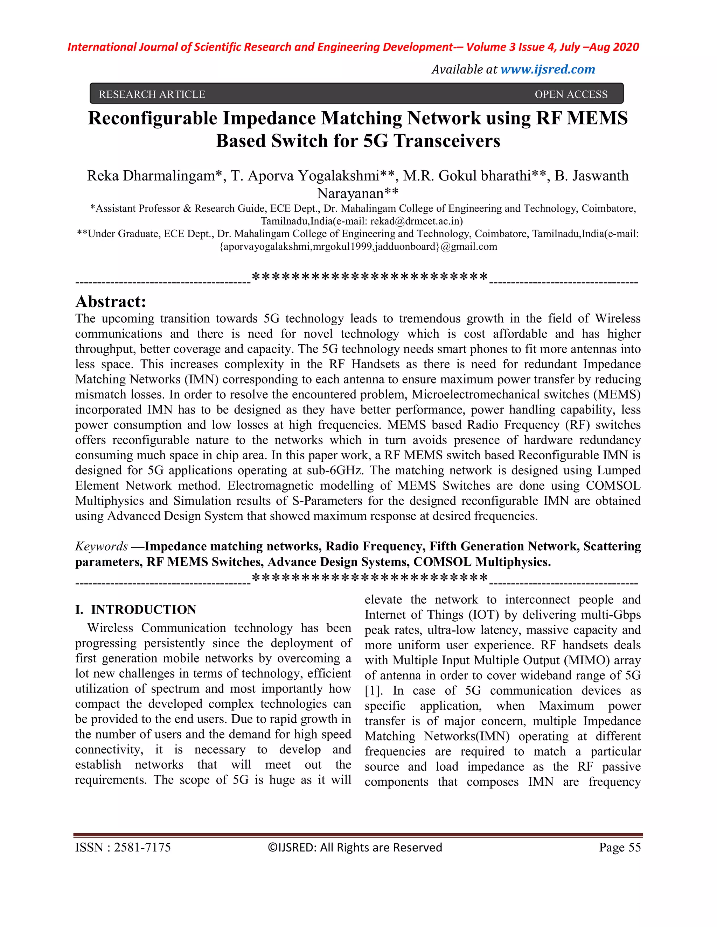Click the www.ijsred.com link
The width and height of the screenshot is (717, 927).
pyautogui.click(x=548, y=69)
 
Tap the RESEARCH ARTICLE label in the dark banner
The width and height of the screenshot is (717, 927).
pyautogui.click(x=152, y=94)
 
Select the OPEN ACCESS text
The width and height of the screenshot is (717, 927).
pyautogui.click(x=571, y=94)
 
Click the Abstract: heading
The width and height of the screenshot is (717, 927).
pyautogui.click(x=110, y=302)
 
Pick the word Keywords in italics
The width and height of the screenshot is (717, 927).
pyautogui.click(x=101, y=546)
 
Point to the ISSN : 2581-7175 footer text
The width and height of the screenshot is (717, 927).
pyautogui.click(x=123, y=847)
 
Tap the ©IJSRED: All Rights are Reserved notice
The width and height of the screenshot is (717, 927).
pyautogui.click(x=355, y=847)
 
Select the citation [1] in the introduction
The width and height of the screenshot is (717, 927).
pyautogui.click(x=373, y=691)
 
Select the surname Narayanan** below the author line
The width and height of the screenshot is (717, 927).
pyautogui.click(x=358, y=193)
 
